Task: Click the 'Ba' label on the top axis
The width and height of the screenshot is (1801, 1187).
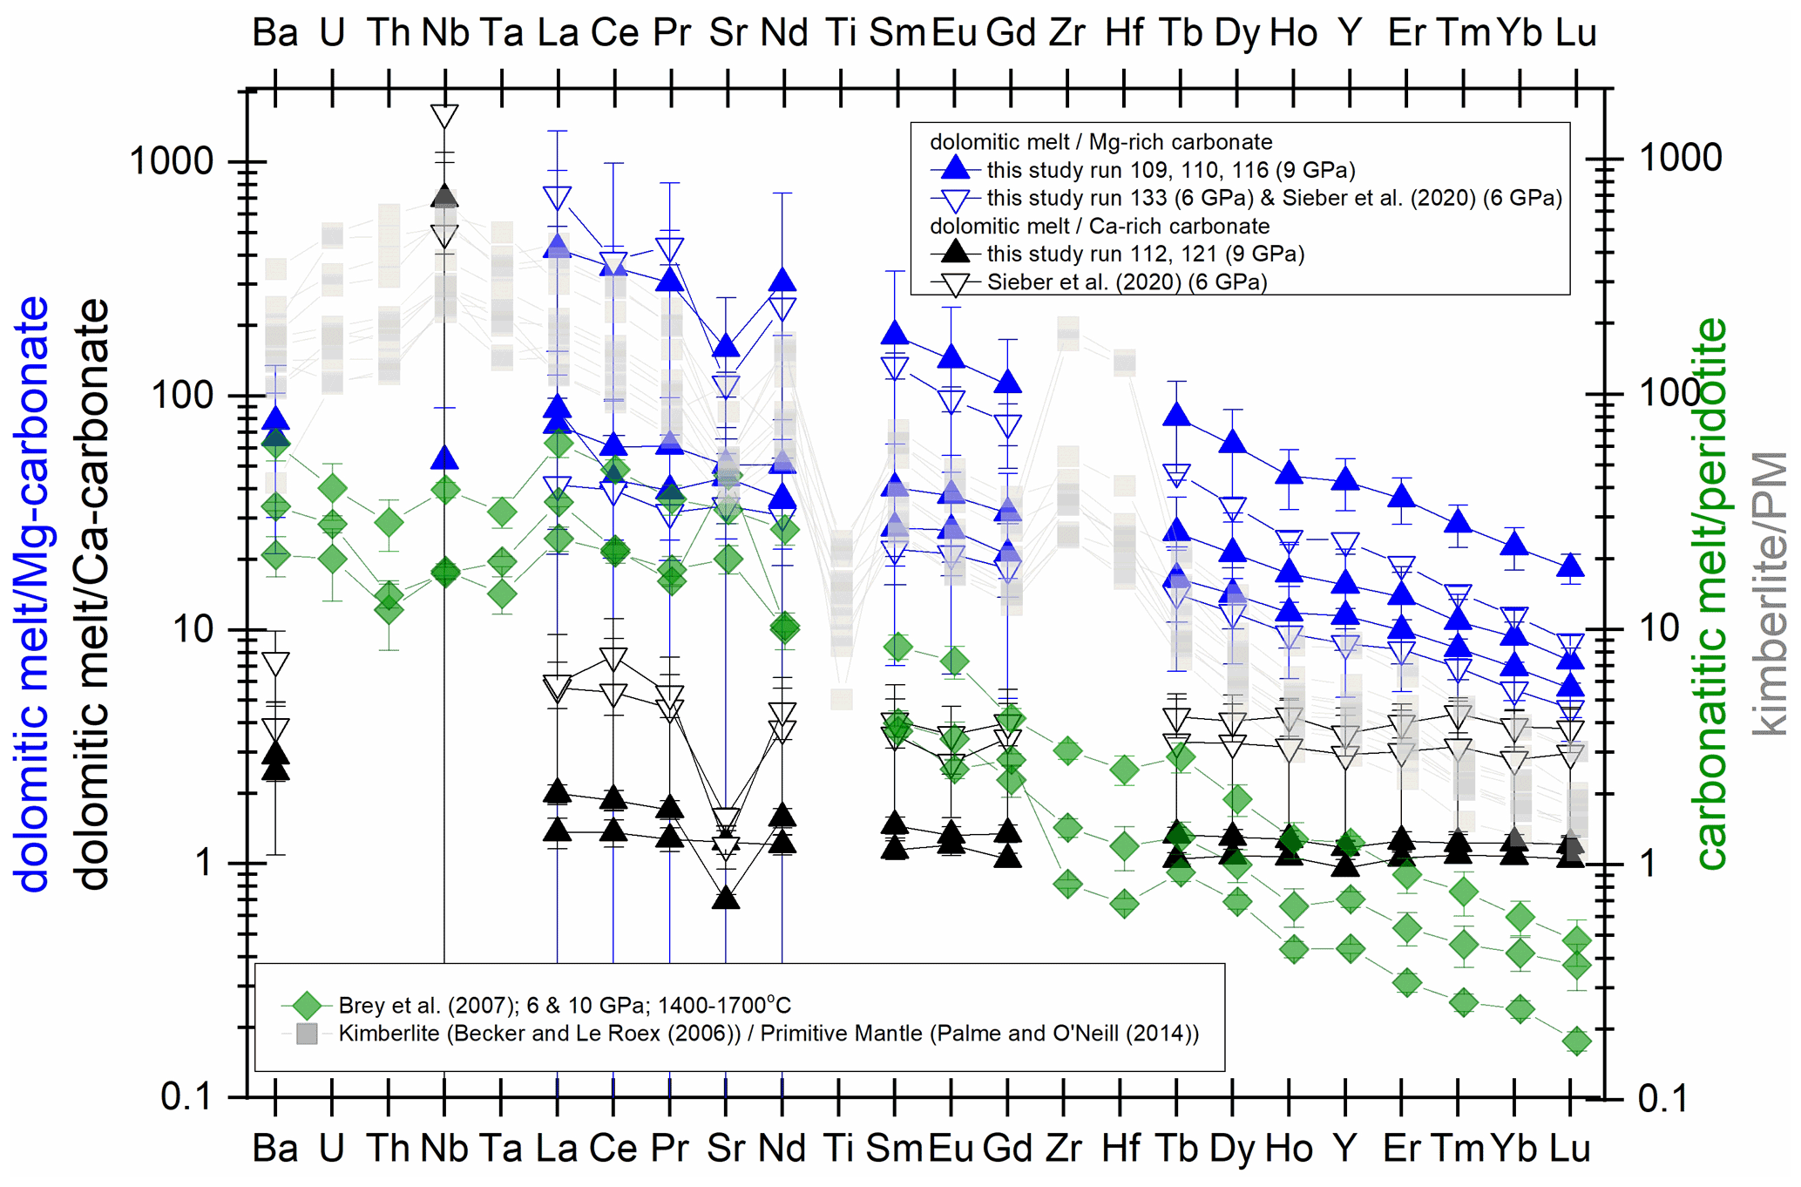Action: (275, 33)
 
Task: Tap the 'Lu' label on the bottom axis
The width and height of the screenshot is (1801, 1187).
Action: (1570, 1149)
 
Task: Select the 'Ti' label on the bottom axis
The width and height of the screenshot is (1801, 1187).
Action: (838, 1149)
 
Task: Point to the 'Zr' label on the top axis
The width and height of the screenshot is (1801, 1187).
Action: (1066, 33)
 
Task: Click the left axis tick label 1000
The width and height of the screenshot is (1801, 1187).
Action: (171, 161)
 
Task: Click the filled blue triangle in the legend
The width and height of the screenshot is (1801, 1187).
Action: (956, 168)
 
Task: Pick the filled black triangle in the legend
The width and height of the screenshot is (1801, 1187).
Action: (956, 253)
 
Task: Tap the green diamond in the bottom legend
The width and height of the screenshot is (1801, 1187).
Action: (306, 1005)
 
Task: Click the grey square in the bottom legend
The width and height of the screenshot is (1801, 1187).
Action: (306, 1034)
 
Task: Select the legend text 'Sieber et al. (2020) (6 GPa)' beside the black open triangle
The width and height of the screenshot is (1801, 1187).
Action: (1127, 281)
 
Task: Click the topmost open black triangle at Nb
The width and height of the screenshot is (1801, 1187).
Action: (444, 116)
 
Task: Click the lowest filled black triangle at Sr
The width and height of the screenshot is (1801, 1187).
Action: (726, 898)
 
